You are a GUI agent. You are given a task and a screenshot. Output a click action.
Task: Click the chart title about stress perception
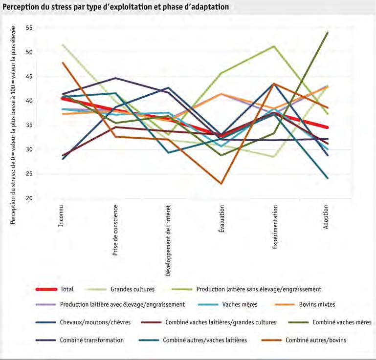click(115, 7)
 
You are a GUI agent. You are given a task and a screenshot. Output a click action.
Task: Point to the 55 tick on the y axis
click(29, 28)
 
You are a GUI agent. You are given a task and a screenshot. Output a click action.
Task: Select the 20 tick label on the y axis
click(29, 198)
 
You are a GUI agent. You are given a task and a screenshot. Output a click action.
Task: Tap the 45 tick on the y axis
click(29, 77)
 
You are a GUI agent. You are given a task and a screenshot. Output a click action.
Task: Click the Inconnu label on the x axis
click(61, 215)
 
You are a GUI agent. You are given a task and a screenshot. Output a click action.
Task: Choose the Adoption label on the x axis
click(326, 217)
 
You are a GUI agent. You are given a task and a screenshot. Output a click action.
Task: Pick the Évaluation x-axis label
click(221, 219)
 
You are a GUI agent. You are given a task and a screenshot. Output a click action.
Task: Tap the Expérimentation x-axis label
click(275, 227)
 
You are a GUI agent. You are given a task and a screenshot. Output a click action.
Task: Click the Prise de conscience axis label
click(115, 230)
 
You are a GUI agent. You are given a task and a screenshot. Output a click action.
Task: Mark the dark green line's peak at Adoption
click(328, 32)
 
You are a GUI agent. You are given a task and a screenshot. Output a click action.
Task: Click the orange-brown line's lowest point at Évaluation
click(221, 184)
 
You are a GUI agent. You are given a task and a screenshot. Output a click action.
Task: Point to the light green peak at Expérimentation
click(274, 46)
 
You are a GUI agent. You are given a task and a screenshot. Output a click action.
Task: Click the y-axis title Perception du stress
click(13, 125)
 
